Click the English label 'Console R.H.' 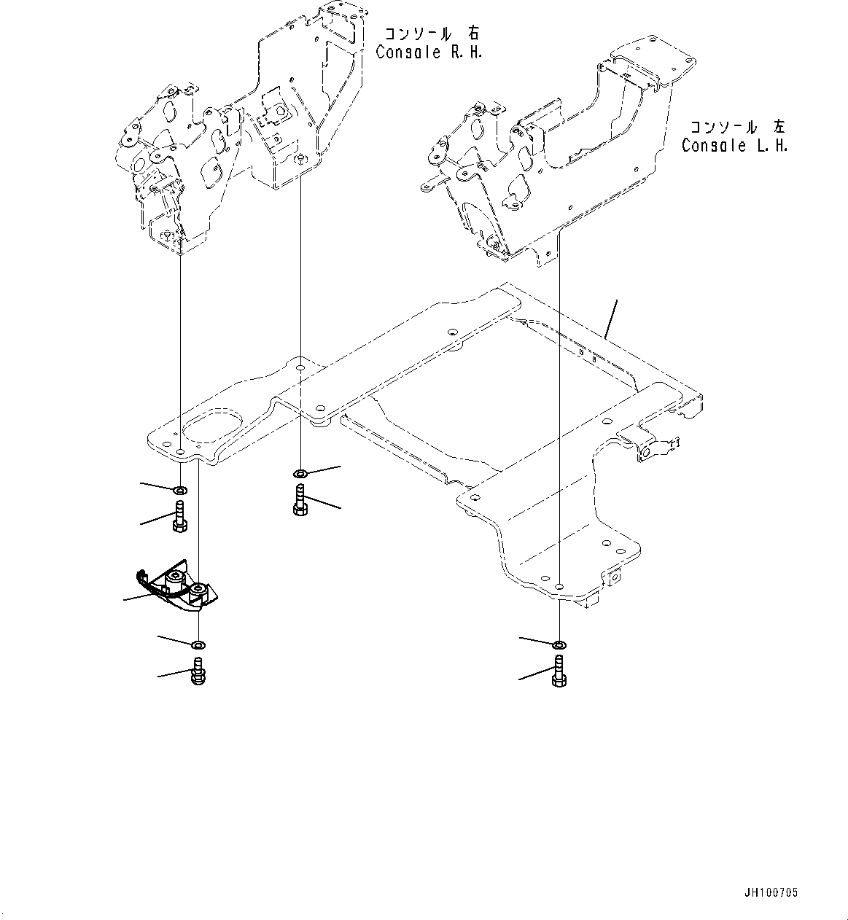(x=429, y=52)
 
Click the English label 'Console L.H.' (x=735, y=145)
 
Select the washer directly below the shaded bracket (x=198, y=645)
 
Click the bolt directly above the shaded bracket (x=180, y=517)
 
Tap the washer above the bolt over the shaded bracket (x=180, y=489)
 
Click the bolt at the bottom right (x=559, y=670)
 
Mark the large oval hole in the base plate (x=212, y=429)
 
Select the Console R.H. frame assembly (x=241, y=131)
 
